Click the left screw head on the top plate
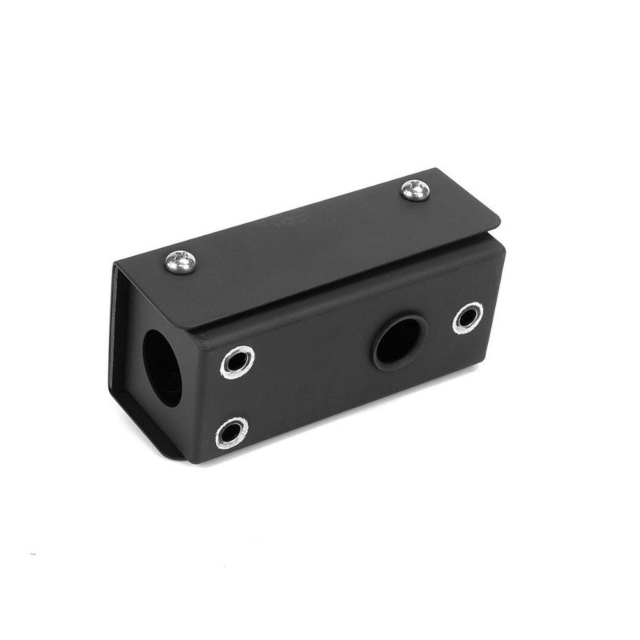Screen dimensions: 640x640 (x=180, y=261)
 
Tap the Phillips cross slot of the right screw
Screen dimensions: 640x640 (x=415, y=190)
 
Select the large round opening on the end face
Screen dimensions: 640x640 (x=162, y=368)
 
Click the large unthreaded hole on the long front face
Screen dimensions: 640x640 (x=399, y=341)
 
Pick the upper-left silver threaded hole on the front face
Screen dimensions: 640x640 (x=237, y=362)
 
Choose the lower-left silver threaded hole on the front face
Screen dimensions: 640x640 (x=232, y=433)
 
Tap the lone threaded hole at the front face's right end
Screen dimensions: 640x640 (x=468, y=317)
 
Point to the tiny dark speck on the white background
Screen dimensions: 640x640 (x=32, y=554)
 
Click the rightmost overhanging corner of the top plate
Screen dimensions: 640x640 (x=499, y=225)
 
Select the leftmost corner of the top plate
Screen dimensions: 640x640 (x=115, y=264)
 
